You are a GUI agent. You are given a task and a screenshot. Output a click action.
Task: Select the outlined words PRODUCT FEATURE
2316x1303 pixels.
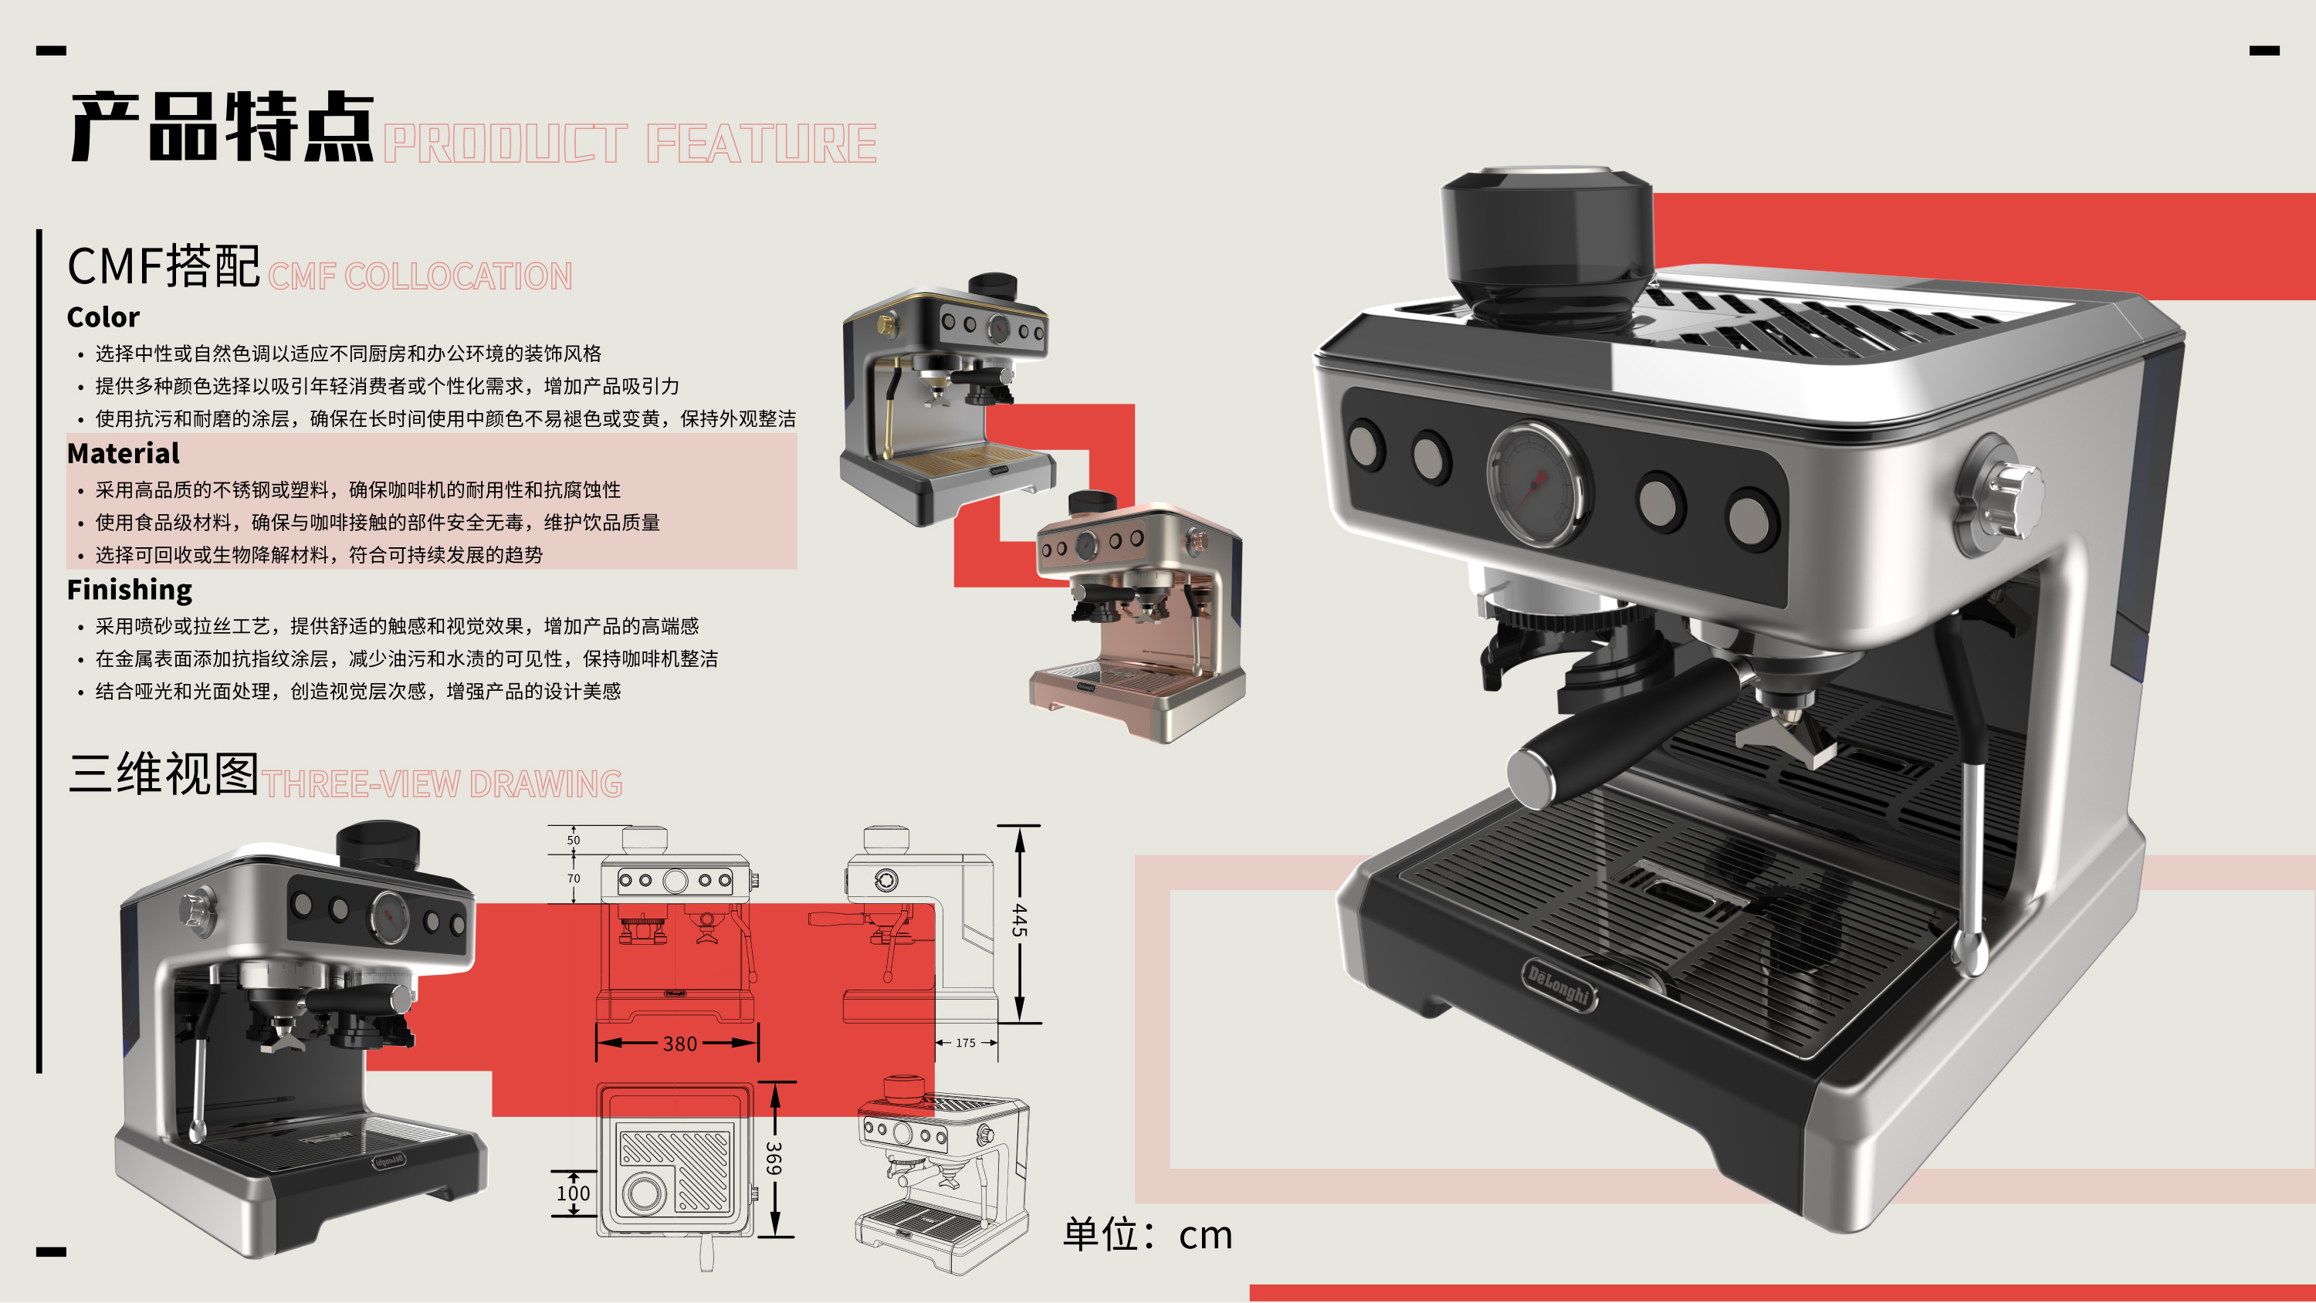(629, 144)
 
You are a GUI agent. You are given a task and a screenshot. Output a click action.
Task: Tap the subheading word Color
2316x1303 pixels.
(103, 317)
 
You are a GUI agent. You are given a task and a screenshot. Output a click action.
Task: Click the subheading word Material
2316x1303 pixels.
(124, 453)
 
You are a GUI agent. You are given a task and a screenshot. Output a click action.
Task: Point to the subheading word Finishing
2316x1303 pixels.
(130, 590)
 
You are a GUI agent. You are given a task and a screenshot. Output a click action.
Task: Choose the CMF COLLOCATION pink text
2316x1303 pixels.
(420, 277)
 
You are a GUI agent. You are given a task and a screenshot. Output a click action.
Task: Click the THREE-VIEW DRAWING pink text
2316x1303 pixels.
(442, 784)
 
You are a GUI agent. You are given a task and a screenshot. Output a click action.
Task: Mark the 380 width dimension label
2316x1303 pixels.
(679, 1044)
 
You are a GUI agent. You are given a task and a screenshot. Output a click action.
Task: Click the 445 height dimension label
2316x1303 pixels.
(1020, 921)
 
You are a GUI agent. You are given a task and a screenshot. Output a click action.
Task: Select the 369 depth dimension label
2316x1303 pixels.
(774, 1158)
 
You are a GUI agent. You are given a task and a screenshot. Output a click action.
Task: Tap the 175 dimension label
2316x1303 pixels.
(966, 1043)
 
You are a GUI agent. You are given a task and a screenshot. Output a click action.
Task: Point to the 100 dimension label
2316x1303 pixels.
(573, 1193)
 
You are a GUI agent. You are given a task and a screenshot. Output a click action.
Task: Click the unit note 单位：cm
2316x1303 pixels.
(1147, 1234)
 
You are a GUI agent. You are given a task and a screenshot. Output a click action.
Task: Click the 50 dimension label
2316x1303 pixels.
(574, 840)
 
